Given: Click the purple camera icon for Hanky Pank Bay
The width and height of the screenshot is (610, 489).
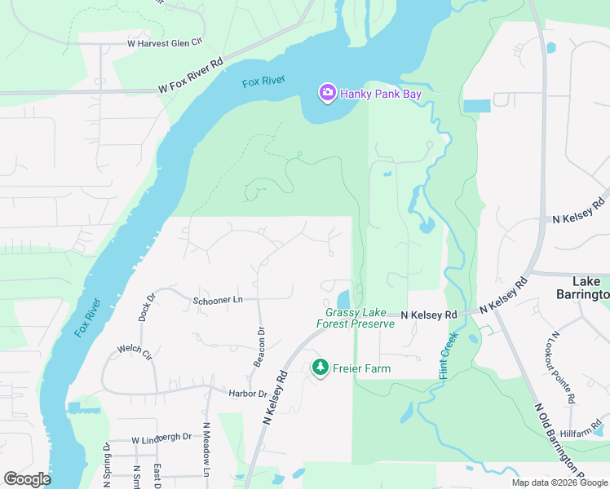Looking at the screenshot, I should coord(327,94).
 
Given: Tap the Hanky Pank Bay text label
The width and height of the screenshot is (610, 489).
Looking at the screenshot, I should coord(381,95).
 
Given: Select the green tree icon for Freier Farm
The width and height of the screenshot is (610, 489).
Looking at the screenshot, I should coord(320,368).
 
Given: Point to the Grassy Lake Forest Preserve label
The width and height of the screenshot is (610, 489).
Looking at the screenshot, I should coord(356,318).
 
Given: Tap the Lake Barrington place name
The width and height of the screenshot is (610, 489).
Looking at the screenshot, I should coord(582,287).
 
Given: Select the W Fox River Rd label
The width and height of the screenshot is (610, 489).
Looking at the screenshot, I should coord(191,76).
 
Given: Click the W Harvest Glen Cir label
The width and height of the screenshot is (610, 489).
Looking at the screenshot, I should coord(164,42).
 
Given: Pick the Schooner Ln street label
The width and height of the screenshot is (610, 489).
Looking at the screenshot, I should coord(218,300).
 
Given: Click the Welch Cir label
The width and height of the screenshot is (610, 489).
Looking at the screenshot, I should coord(135,351).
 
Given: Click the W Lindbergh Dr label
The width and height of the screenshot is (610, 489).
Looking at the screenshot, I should coord(161,437).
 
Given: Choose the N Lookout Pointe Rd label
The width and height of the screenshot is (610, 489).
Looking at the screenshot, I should coord(564,367).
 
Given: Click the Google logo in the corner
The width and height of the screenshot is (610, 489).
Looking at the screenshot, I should coord(27,479).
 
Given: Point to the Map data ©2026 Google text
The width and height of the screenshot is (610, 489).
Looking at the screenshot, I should coord(560,482).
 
